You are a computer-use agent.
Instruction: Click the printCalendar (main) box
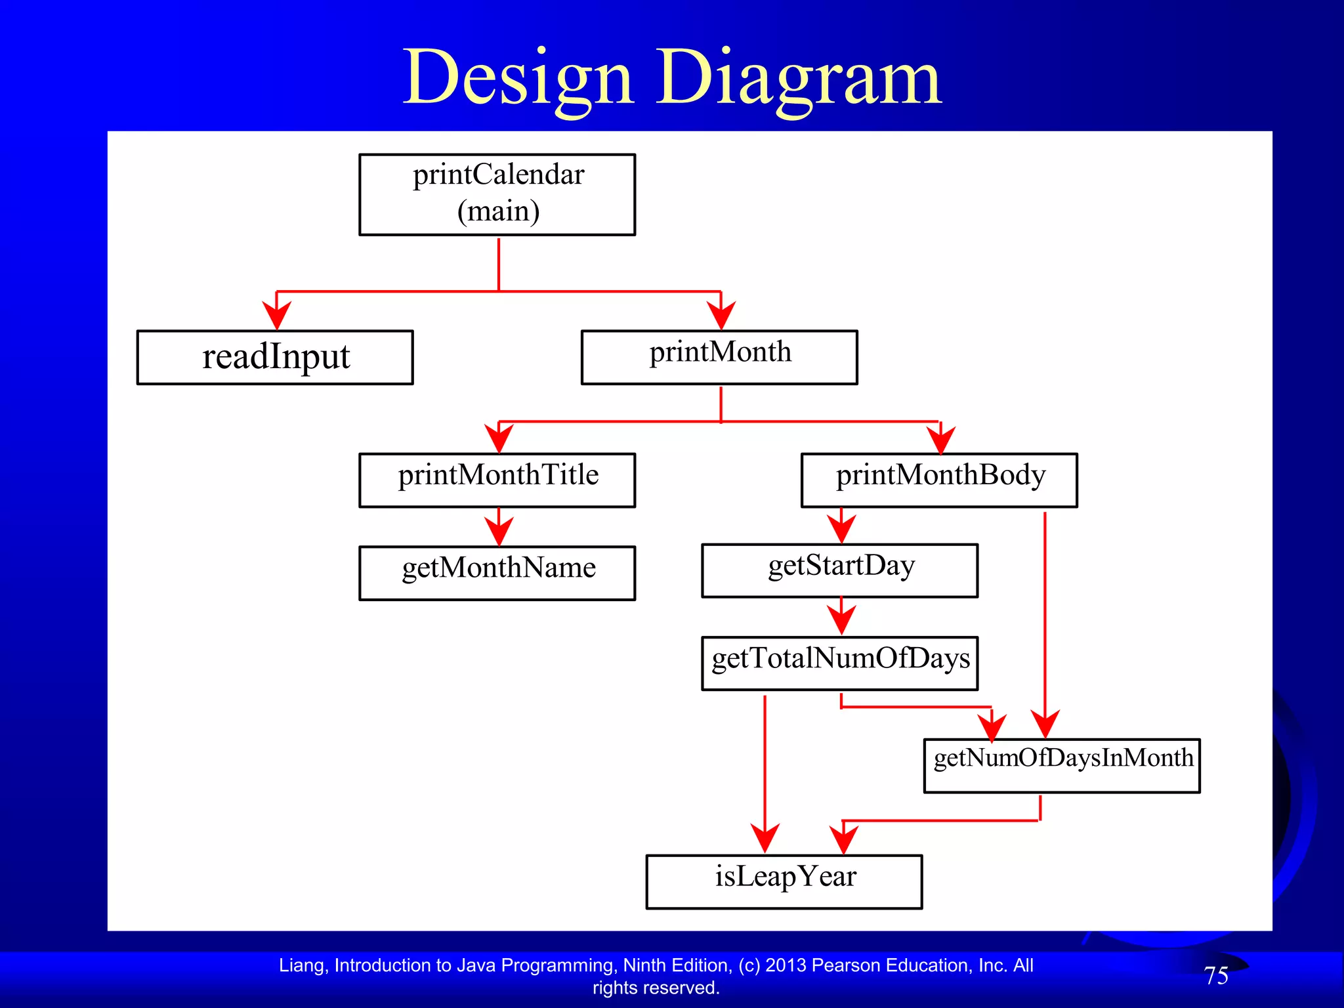(497, 194)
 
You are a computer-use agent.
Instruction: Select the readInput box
(275, 357)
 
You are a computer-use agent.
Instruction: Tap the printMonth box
(719, 357)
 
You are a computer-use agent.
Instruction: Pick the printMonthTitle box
(497, 480)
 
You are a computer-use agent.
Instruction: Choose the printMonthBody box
(939, 480)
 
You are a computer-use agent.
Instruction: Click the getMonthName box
(497, 572)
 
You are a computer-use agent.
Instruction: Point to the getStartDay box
(839, 570)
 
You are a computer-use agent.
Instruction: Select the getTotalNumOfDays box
(839, 663)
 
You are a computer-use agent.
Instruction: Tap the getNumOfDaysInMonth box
(1062, 765)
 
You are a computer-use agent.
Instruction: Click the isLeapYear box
(784, 881)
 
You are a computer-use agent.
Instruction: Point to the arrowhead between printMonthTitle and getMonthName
(499, 530)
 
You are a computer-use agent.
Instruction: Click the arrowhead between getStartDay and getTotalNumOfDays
(841, 620)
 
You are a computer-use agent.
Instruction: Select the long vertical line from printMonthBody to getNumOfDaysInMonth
(1045, 610)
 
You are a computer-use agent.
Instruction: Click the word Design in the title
(518, 79)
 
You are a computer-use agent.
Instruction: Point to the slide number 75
(1216, 975)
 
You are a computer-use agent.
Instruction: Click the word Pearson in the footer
(846, 965)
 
